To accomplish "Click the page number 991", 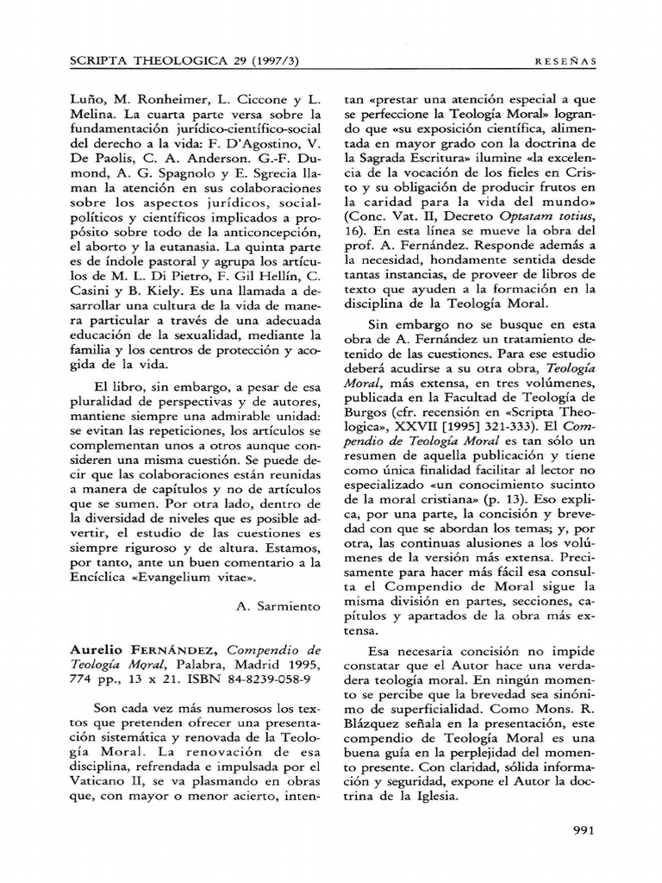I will pos(584,830).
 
